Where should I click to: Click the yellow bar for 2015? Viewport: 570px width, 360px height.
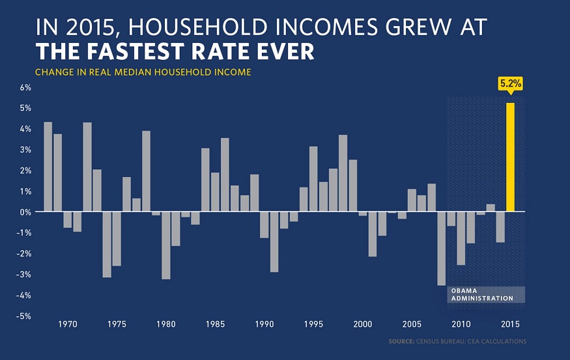[x=510, y=158]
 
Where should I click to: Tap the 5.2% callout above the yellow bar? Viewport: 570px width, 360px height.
[x=510, y=83]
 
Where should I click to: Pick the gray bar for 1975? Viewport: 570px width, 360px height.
[x=117, y=238]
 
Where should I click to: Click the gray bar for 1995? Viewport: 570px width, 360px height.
[x=313, y=179]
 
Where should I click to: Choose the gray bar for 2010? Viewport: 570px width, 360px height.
[x=461, y=238]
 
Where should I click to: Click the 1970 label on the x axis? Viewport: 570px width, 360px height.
[x=68, y=324]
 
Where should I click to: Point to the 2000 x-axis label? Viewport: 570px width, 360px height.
[x=362, y=324]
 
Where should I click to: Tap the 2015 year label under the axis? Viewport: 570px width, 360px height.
[x=510, y=324]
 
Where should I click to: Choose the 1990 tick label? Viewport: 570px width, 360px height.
[x=264, y=324]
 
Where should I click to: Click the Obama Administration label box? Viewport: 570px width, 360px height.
[x=486, y=294]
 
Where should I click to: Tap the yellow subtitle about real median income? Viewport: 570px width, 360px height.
[x=143, y=72]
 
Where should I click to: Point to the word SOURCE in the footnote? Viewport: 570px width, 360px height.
[x=401, y=341]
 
